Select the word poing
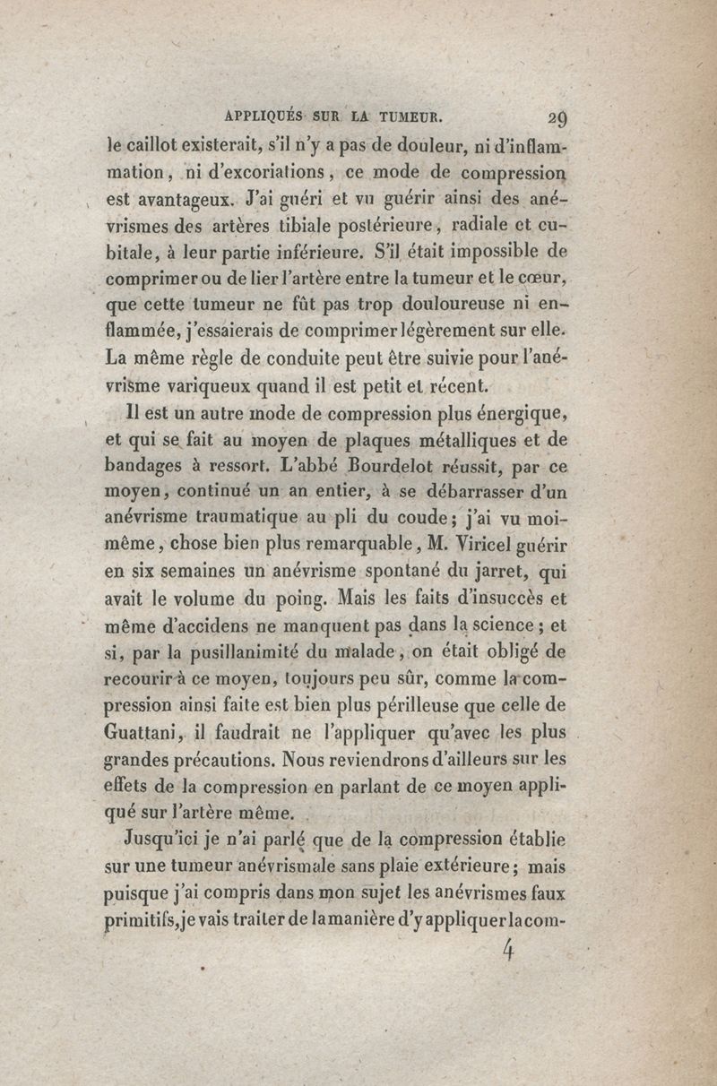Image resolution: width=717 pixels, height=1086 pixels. (x=333, y=598)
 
